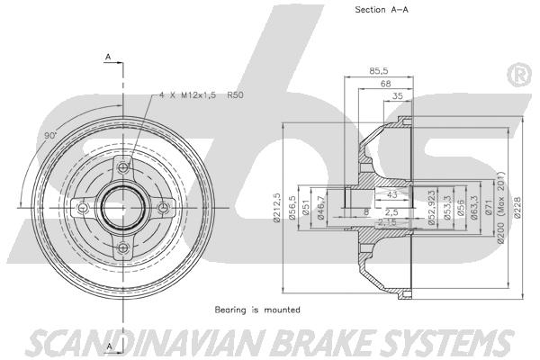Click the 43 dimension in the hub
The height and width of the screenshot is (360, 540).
(391, 194)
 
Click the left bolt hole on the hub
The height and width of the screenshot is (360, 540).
(83, 209)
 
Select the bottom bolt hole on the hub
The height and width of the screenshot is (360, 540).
(123, 249)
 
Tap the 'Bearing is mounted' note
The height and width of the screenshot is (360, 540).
(257, 310)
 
